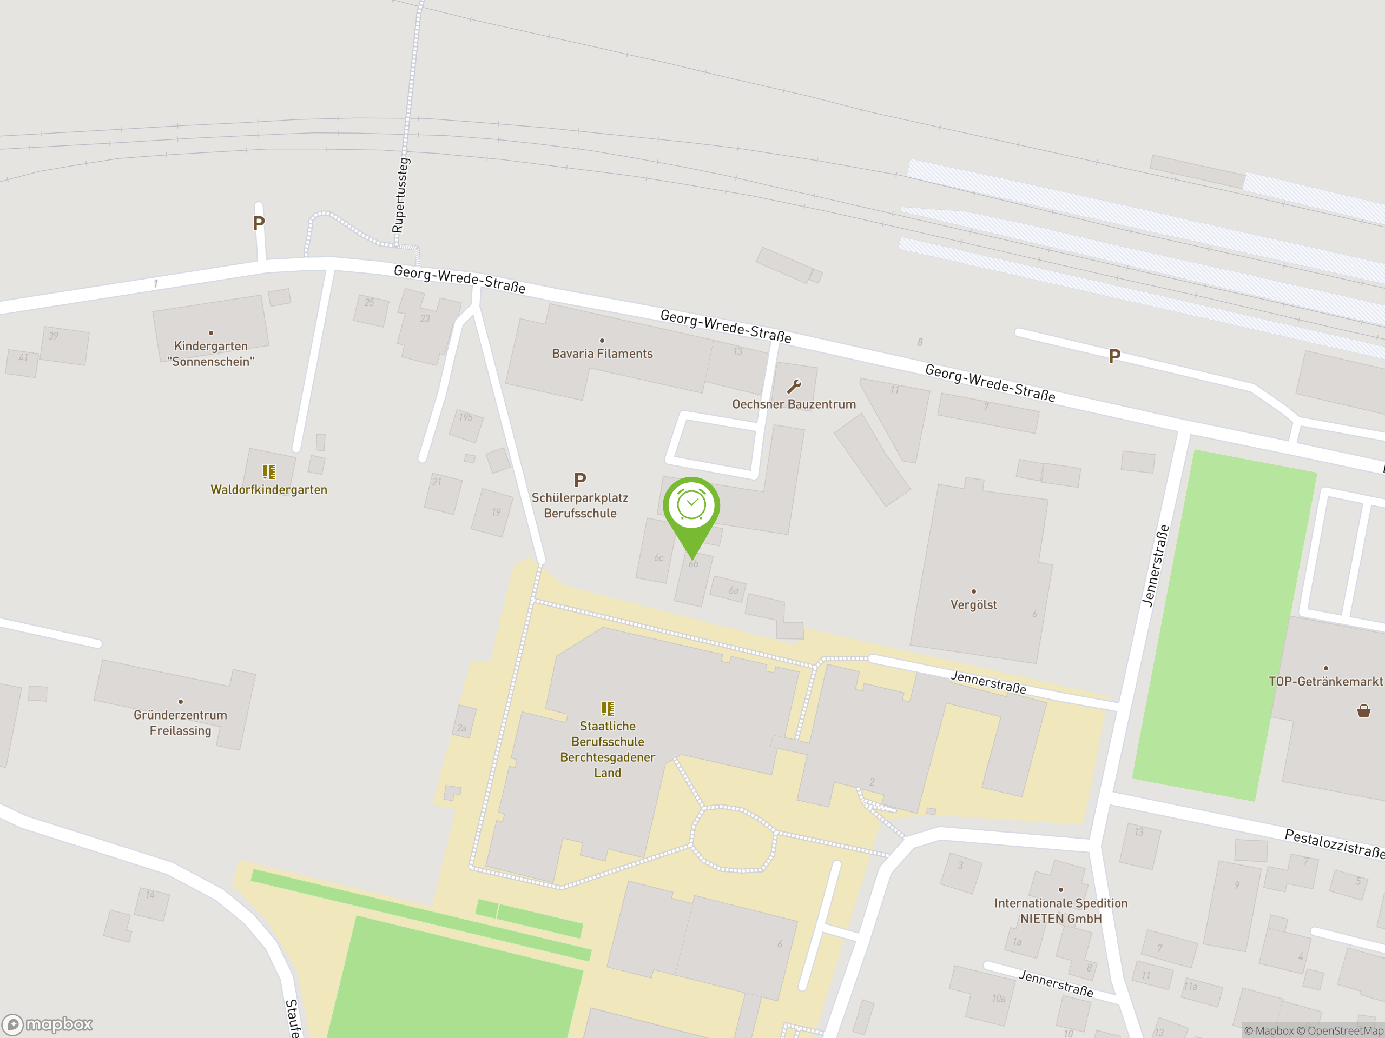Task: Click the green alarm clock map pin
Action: pyautogui.click(x=691, y=506)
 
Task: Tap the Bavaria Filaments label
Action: pyautogui.click(x=602, y=354)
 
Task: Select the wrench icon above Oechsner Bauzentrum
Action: pyautogui.click(x=794, y=386)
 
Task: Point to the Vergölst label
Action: pyautogui.click(x=973, y=604)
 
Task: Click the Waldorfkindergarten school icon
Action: pyautogui.click(x=268, y=471)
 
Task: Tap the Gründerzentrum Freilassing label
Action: pyautogui.click(x=180, y=722)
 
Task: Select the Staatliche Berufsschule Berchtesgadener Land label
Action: pyautogui.click(x=608, y=749)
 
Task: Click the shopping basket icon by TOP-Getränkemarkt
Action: pyautogui.click(x=1363, y=711)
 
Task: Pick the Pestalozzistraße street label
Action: pyautogui.click(x=1334, y=843)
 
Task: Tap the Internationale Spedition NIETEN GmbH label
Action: pyautogui.click(x=1061, y=910)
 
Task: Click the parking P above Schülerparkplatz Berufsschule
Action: pyautogui.click(x=580, y=480)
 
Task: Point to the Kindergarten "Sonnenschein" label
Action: pyautogui.click(x=211, y=354)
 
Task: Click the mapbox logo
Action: pyautogui.click(x=48, y=1024)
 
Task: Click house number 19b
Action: pyautogui.click(x=465, y=417)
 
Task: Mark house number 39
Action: pyautogui.click(x=54, y=336)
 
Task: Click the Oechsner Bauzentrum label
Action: pyautogui.click(x=794, y=404)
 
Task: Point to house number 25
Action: pyautogui.click(x=370, y=303)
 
